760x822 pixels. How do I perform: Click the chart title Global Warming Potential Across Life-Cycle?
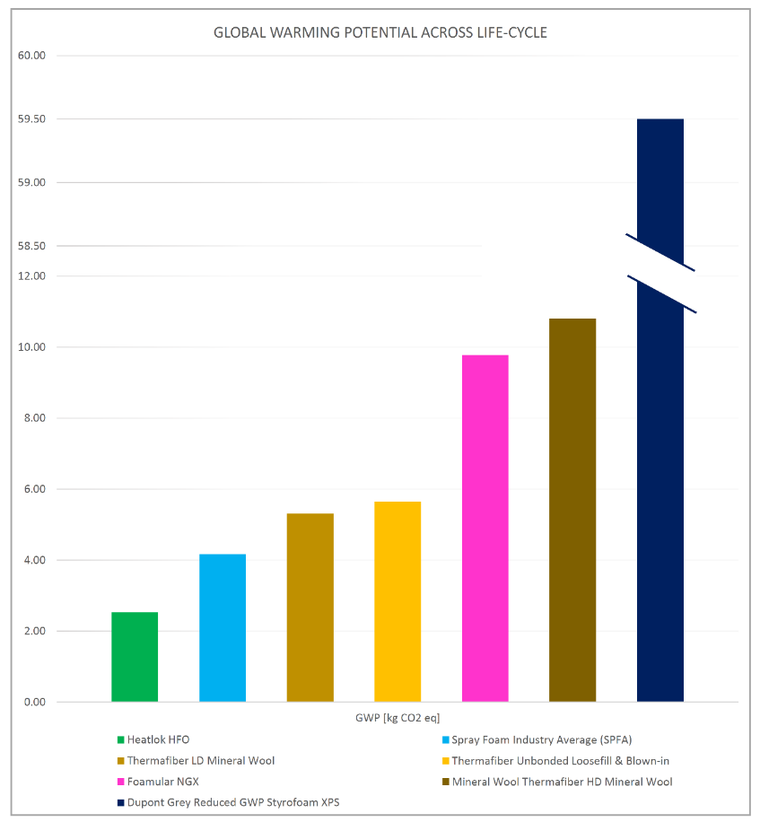pyautogui.click(x=380, y=32)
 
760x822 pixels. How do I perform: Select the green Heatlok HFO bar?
pyautogui.click(x=135, y=656)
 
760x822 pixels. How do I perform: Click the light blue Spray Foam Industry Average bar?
pyautogui.click(x=223, y=627)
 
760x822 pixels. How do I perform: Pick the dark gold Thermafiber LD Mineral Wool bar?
pyautogui.click(x=310, y=607)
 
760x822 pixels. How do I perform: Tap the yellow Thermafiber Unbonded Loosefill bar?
pyautogui.click(x=397, y=601)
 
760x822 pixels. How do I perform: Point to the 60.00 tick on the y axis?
pyautogui.click(x=31, y=56)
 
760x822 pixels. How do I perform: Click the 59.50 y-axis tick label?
pyautogui.click(x=31, y=119)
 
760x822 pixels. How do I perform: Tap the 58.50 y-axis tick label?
pyautogui.click(x=31, y=246)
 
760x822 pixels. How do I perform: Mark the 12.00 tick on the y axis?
pyautogui.click(x=31, y=275)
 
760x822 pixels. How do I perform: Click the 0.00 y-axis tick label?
pyautogui.click(x=33, y=702)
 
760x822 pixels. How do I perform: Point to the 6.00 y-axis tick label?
pyautogui.click(x=33, y=489)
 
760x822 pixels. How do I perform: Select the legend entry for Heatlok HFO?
pyautogui.click(x=158, y=739)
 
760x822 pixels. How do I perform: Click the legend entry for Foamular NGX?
pyautogui.click(x=162, y=782)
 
